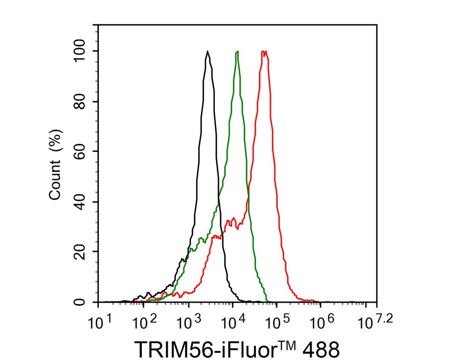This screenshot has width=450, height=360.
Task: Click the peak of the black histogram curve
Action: tap(208, 51)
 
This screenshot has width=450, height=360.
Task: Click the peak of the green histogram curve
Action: tap(237, 51)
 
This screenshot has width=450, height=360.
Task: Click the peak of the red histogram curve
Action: tap(264, 51)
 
